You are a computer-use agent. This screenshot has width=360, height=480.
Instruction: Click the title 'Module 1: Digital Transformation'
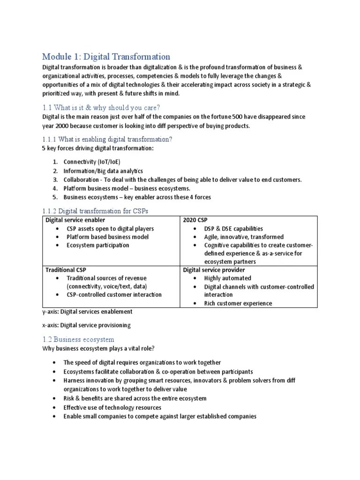(106, 57)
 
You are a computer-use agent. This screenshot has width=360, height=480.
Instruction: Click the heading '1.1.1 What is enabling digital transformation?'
(107, 139)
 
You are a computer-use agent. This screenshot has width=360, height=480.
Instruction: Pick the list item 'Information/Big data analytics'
(103, 171)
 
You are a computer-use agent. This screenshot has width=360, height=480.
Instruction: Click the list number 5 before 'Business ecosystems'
(54, 197)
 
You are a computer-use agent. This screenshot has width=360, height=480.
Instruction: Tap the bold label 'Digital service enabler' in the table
(75, 220)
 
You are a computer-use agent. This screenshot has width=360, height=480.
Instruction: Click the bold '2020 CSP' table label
(195, 220)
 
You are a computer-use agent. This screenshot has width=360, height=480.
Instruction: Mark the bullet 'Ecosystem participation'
(97, 245)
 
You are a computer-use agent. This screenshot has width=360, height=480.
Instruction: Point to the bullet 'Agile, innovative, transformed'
(244, 237)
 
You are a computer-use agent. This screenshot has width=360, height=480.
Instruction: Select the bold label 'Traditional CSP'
(67, 270)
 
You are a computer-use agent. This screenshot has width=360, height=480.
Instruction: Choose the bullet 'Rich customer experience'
(238, 303)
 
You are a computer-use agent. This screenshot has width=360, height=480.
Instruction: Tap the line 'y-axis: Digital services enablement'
(87, 312)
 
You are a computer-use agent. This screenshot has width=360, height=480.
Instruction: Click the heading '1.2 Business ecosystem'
(78, 339)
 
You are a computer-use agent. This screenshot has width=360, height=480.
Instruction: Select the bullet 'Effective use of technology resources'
(112, 407)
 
